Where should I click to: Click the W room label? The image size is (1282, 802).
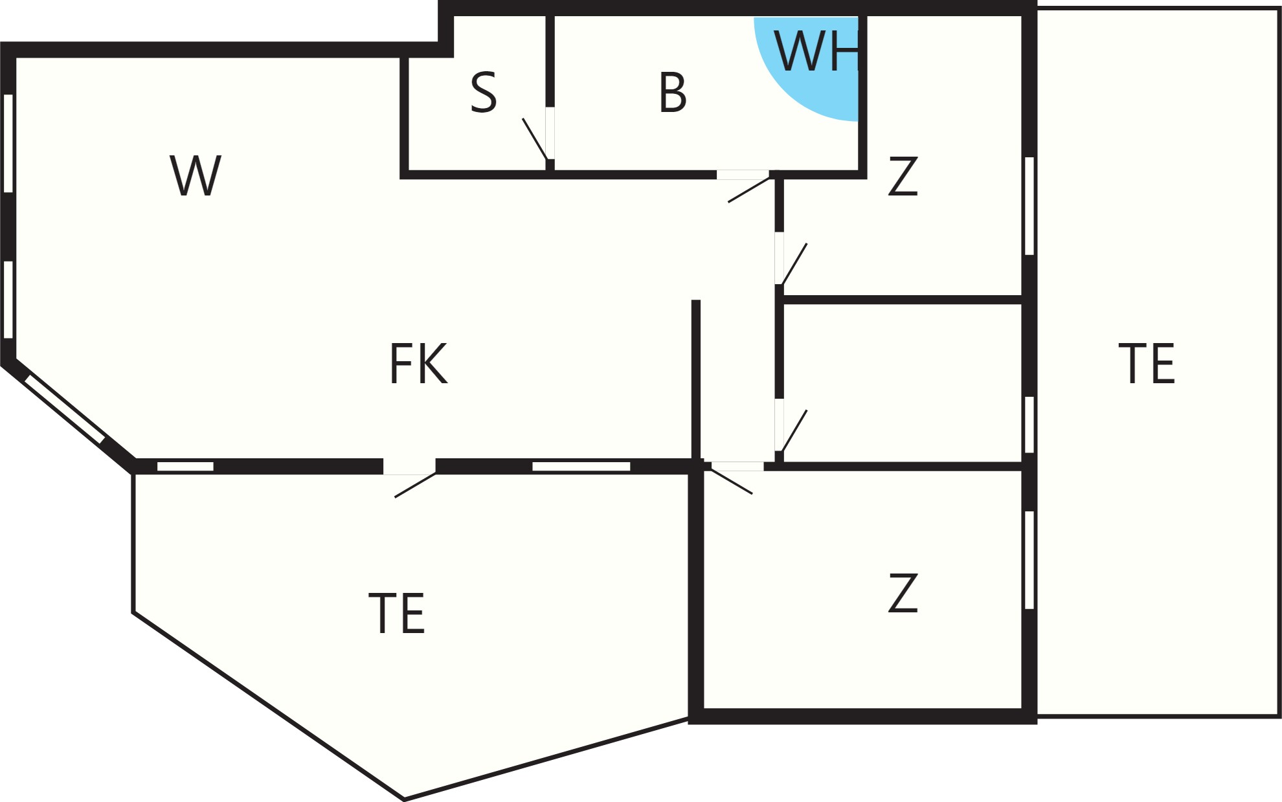pyautogui.click(x=196, y=175)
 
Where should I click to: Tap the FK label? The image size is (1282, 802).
pyautogui.click(x=418, y=364)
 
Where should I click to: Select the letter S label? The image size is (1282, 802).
pyautogui.click(x=484, y=93)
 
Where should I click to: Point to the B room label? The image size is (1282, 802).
pyautogui.click(x=673, y=93)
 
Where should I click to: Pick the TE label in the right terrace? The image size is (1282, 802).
pyautogui.click(x=1147, y=364)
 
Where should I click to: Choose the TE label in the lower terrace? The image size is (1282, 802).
pyautogui.click(x=396, y=613)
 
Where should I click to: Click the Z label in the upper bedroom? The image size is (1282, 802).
pyautogui.click(x=903, y=175)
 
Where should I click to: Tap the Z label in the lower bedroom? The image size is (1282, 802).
pyautogui.click(x=903, y=593)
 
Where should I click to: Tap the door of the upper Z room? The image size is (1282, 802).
pyautogui.click(x=790, y=258)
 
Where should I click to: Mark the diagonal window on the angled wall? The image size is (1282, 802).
pyautogui.click(x=65, y=409)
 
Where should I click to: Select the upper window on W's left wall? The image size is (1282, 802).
pyautogui.click(x=8, y=143)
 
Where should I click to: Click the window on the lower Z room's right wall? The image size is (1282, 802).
pyautogui.click(x=1029, y=560)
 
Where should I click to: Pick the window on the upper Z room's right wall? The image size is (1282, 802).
pyautogui.click(x=1029, y=206)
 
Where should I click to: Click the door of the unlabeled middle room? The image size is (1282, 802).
pyautogui.click(x=790, y=425)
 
